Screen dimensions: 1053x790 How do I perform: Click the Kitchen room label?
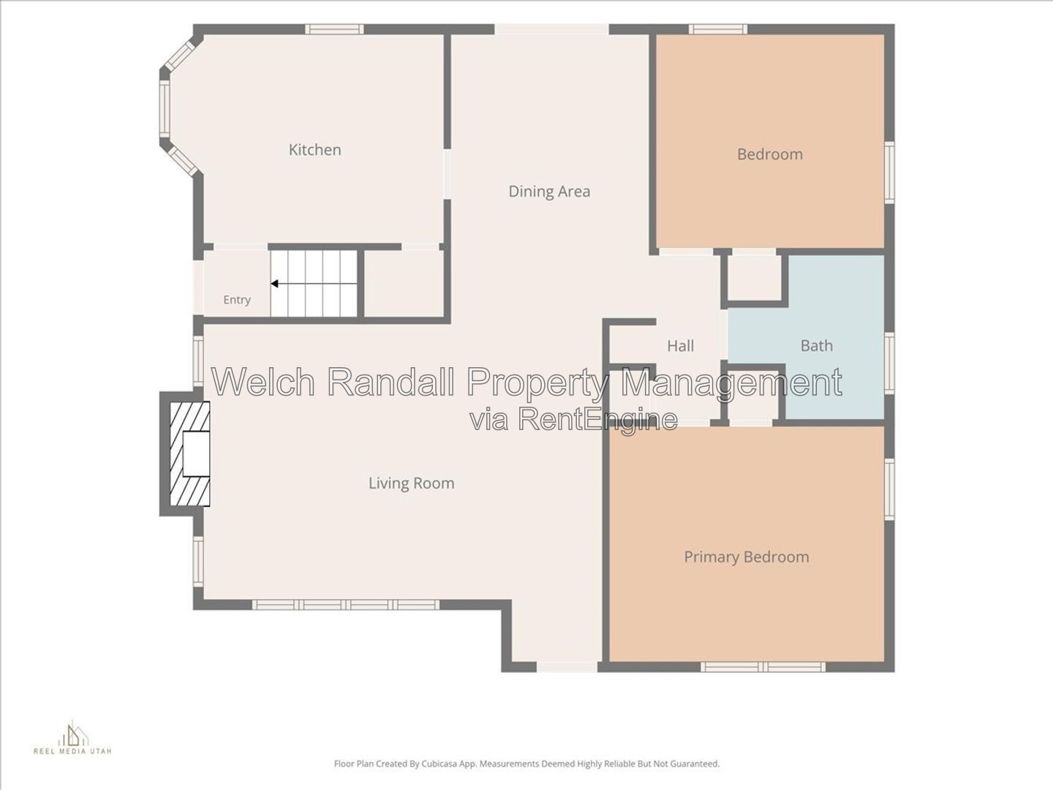314,150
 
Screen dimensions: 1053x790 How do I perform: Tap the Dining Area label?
549,192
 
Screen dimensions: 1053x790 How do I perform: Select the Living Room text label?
411,483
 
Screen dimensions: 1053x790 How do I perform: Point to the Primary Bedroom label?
747,557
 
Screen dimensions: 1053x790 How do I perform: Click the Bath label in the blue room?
817,345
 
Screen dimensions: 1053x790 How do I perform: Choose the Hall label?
680,345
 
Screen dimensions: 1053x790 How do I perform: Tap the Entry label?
237,300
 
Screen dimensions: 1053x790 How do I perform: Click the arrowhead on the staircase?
274,284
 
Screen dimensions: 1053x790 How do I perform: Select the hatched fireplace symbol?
190,454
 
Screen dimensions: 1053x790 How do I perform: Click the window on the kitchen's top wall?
334,29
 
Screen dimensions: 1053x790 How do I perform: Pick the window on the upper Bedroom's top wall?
718,29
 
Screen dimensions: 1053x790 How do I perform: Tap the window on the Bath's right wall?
889,363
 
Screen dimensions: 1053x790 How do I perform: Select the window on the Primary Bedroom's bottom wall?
763,666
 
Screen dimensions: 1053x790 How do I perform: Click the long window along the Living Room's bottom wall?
346,604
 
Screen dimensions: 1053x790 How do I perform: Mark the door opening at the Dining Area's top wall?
551,29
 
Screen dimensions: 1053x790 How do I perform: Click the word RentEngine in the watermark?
599,419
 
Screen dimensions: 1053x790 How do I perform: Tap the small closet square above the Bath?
755,279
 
